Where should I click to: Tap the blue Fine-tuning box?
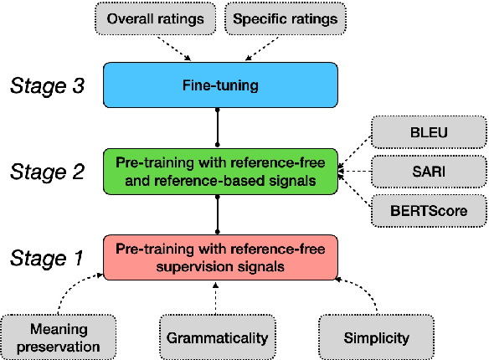(x=219, y=85)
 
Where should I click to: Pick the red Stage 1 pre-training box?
(x=219, y=257)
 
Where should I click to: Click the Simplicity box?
(x=376, y=337)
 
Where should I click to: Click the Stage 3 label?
(x=47, y=85)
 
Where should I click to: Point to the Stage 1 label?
(x=47, y=258)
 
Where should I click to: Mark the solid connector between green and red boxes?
(x=219, y=214)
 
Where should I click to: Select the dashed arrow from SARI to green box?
(x=358, y=172)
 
